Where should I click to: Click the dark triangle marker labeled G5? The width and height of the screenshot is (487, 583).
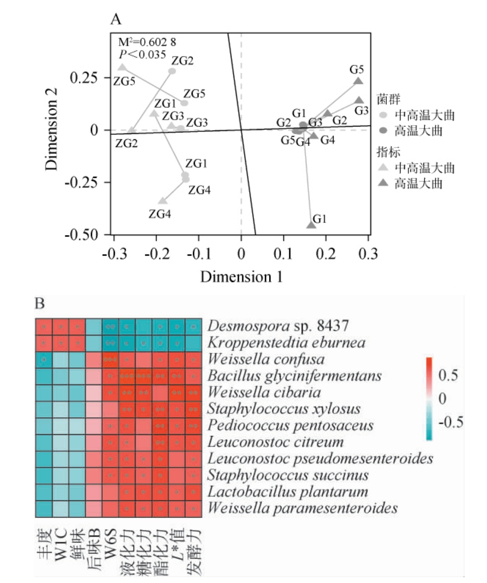pos(358,82)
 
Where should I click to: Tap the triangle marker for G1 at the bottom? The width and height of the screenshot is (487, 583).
pos(311,224)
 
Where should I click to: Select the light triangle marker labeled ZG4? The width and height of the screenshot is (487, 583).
pos(162,200)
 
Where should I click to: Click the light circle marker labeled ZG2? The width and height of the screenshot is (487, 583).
pos(172,71)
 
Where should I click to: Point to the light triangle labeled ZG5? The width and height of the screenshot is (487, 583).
pos(122,67)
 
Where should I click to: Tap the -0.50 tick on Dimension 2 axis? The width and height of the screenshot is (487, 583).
pos(88,235)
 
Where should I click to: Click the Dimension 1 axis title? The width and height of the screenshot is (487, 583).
pos(241,277)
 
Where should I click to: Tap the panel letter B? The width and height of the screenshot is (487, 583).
pos(40,303)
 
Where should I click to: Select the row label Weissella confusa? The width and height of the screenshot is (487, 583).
pos(266,360)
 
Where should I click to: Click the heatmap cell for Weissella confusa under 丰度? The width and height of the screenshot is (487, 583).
pos(43,360)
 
